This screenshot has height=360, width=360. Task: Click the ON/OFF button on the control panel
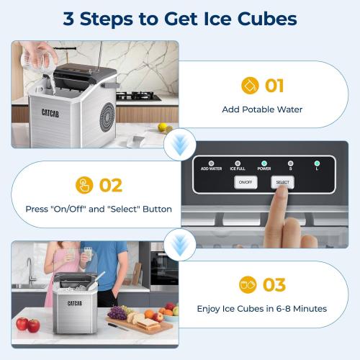pyautogui.click(x=246, y=183)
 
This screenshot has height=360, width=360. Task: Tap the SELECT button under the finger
pyautogui.click(x=283, y=183)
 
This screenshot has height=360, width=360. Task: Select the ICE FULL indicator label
pyautogui.click(x=238, y=168)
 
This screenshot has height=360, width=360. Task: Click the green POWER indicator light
pyautogui.click(x=264, y=162)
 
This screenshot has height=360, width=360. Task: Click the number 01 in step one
pyautogui.click(x=274, y=86)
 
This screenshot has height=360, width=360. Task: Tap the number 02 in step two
pyautogui.click(x=110, y=186)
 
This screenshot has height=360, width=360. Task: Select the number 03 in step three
pyautogui.click(x=274, y=285)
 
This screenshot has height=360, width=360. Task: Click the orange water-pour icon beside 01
pyautogui.click(x=250, y=86)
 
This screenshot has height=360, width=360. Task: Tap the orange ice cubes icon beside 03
pyautogui.click(x=248, y=285)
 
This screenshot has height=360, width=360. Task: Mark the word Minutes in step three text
pyautogui.click(x=310, y=309)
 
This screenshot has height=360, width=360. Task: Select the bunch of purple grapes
pyautogui.click(x=116, y=313)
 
